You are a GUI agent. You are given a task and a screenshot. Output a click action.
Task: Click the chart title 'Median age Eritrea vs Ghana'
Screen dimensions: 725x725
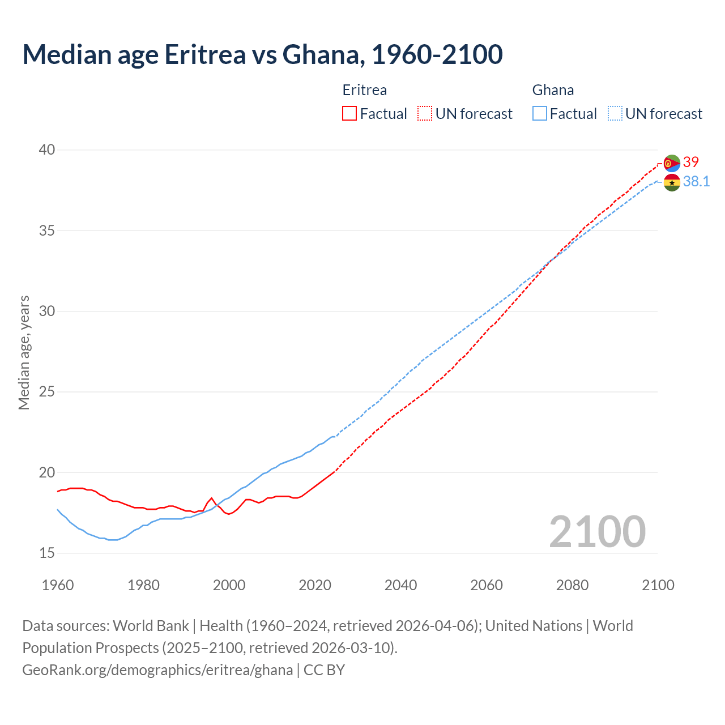tap(262, 54)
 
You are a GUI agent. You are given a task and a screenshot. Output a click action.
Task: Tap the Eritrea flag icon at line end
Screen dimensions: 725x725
tap(672, 163)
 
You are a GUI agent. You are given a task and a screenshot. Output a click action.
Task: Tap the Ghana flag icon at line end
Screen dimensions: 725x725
tap(672, 182)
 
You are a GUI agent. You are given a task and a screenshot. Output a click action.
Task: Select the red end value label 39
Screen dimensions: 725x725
tap(691, 163)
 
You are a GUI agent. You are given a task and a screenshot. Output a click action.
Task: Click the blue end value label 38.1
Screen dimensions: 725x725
tap(696, 181)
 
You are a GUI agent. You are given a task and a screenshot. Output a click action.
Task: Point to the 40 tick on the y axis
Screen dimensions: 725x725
tap(47, 150)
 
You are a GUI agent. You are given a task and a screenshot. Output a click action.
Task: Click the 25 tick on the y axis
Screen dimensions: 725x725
tap(47, 392)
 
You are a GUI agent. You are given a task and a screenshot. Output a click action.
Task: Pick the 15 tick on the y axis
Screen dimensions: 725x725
tap(47, 553)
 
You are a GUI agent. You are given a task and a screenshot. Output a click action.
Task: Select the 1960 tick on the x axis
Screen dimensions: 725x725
tap(58, 585)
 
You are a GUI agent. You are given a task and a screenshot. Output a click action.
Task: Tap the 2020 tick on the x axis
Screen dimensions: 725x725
tap(315, 585)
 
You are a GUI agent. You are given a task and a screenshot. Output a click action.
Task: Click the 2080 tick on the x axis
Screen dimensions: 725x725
tap(572, 585)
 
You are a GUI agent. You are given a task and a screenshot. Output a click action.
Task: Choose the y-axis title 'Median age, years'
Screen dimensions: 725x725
tap(24, 352)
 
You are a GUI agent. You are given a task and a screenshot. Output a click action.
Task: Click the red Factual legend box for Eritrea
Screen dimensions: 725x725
tap(349, 114)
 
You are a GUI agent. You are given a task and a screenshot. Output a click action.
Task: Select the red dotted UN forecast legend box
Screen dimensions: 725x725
tap(425, 114)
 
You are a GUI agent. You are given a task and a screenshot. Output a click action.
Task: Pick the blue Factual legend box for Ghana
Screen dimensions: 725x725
tap(540, 114)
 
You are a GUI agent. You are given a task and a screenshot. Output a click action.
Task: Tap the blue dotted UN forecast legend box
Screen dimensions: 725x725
tap(615, 114)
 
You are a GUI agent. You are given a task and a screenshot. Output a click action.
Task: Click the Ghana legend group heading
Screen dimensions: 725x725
tap(553, 90)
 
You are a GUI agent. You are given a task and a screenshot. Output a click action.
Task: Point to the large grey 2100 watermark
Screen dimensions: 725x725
tap(597, 532)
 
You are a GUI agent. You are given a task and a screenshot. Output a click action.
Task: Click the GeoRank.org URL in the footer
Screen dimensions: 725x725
tap(157, 670)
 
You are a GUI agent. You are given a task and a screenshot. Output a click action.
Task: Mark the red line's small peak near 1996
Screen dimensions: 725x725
tap(212, 498)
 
